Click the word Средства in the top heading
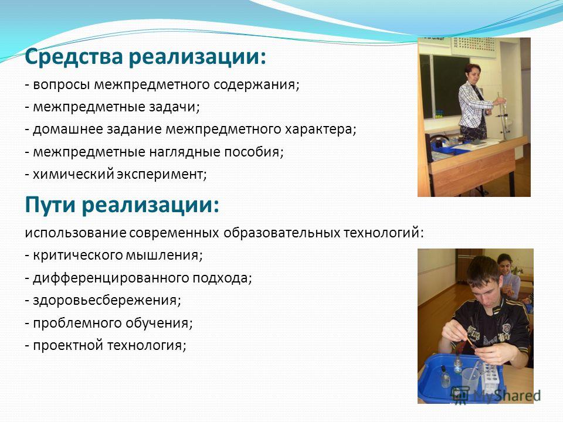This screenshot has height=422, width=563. [x=74, y=57]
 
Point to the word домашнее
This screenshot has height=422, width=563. [x=67, y=129]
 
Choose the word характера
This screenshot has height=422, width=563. [x=320, y=129]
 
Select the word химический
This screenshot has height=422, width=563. [x=73, y=175]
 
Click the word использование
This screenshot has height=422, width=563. [x=76, y=233]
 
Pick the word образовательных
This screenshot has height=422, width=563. [x=281, y=233]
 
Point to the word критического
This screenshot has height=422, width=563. [x=78, y=256]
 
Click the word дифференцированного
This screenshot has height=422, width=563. [x=111, y=278]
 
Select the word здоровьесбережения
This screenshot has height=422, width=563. [x=107, y=300]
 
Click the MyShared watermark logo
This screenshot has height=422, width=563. [x=496, y=394]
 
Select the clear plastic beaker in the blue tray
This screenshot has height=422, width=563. [x=470, y=378]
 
